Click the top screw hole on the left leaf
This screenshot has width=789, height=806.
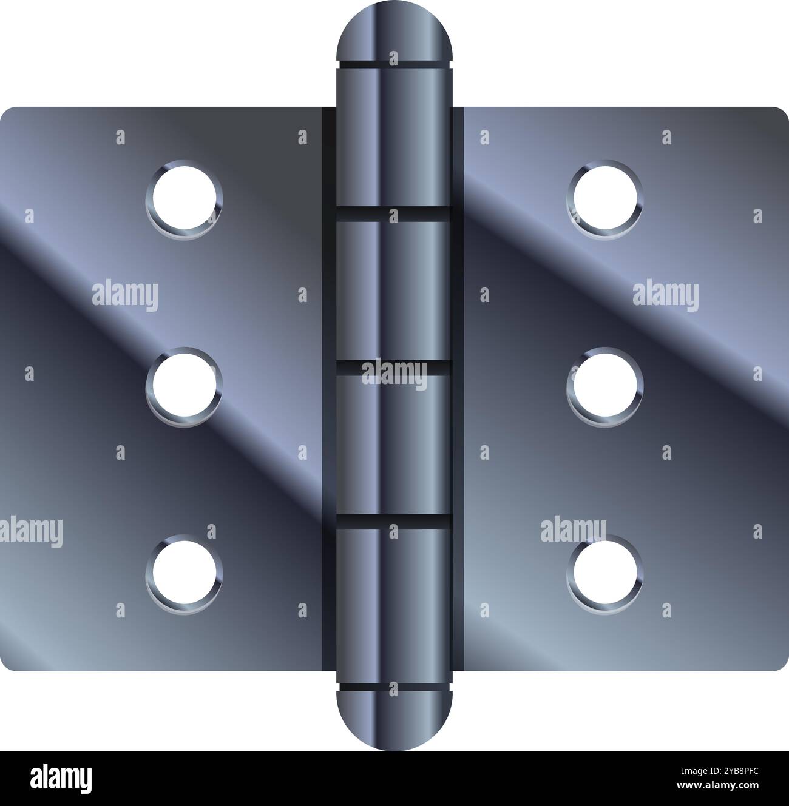[x=184, y=198]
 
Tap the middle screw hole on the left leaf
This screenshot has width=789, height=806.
[x=184, y=386]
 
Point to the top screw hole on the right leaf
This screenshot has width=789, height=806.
[x=605, y=198]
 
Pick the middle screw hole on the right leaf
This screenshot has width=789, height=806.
[x=605, y=386]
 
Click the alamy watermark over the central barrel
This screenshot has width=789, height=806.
[x=394, y=373]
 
